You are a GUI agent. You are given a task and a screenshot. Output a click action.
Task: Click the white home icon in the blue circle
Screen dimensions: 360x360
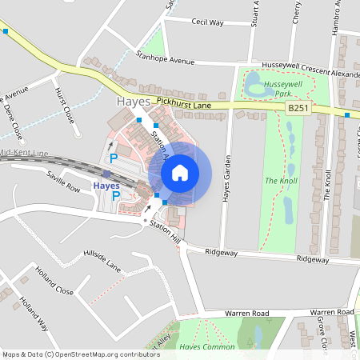pyautogui.click(x=180, y=172)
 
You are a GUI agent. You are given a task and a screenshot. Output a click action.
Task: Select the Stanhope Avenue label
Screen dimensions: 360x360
pyautogui.click(x=166, y=58)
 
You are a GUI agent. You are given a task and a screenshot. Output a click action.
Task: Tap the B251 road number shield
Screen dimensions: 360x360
pyautogui.click(x=298, y=108)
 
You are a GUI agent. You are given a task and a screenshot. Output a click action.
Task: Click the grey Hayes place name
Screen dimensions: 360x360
pyautogui.click(x=133, y=102)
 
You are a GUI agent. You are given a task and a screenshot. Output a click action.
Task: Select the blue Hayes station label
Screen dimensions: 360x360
pyautogui.click(x=106, y=186)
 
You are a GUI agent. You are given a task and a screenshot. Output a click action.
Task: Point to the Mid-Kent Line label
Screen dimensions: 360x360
pyautogui.click(x=24, y=152)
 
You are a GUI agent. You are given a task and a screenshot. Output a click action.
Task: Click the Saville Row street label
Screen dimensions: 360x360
pyautogui.click(x=63, y=181)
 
